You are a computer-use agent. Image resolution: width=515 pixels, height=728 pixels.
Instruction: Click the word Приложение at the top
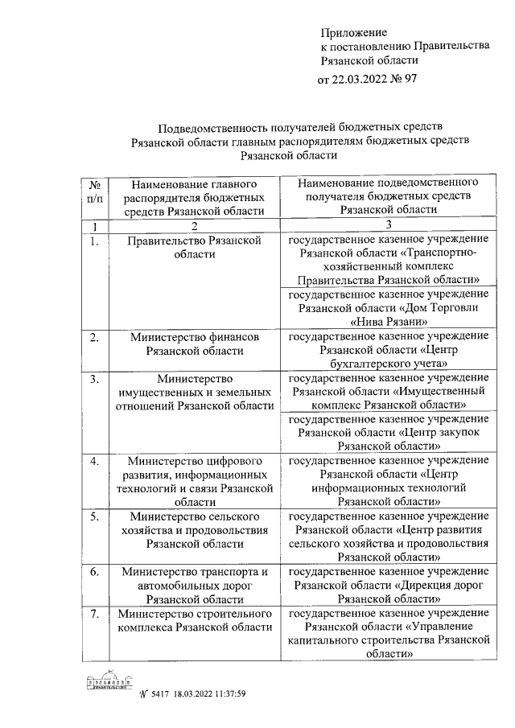[353, 33]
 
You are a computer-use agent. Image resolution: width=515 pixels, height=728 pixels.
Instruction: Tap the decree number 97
[410, 80]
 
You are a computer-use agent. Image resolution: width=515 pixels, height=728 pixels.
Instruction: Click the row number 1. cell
[94, 241]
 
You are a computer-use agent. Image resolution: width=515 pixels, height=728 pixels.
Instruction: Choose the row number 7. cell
[94, 614]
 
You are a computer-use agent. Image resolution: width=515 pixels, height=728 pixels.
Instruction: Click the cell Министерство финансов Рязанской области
[195, 344]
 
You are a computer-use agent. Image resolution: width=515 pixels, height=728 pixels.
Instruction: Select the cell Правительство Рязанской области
[195, 247]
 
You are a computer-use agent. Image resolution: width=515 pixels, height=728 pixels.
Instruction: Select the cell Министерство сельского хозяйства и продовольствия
[195, 529]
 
